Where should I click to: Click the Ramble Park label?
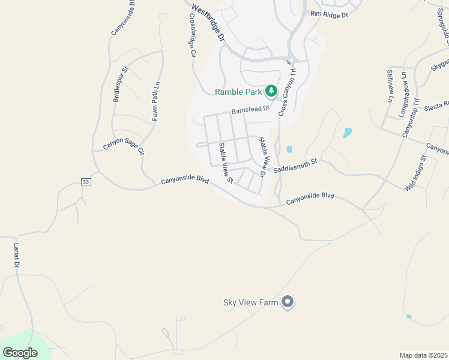coord(238,92)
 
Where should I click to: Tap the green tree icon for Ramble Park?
coord(271,91)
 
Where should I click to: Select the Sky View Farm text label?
coord(250,302)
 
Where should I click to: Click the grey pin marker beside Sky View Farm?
coord(288,302)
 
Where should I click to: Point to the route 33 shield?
coord(86,182)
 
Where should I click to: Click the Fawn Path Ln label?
coord(155,101)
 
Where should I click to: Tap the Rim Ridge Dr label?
coord(329,14)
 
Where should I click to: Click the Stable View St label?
coord(226,162)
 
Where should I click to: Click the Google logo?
coord(20,353)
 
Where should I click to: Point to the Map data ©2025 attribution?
coord(423,355)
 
